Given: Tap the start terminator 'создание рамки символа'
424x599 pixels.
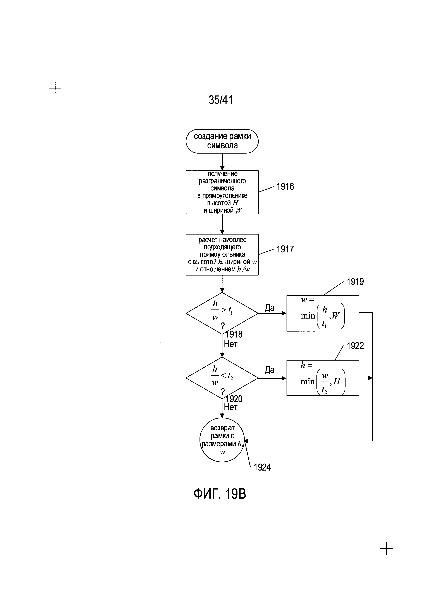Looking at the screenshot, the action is (222, 141).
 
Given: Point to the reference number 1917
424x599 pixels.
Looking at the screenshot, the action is (285, 249).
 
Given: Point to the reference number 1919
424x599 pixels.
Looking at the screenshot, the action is (355, 282).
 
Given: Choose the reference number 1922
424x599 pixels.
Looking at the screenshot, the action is (355, 346).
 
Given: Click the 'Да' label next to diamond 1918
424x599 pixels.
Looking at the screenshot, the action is (270, 308).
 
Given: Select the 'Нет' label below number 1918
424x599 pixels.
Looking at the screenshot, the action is (231, 344).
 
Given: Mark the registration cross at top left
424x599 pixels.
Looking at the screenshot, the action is (55, 88).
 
